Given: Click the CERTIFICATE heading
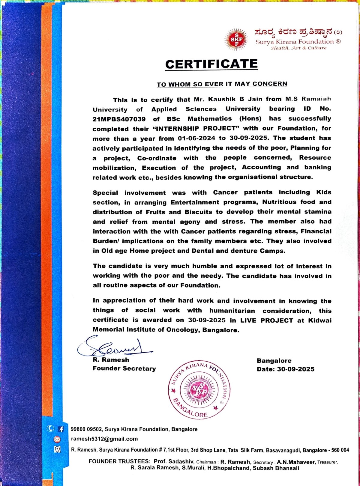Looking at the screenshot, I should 211,64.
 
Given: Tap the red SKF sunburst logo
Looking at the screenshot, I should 236,39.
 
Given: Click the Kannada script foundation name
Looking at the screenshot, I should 294,31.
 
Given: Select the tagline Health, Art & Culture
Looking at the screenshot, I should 298,48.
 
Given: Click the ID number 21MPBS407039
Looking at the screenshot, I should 119,119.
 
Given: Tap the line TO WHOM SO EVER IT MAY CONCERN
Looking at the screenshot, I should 222,84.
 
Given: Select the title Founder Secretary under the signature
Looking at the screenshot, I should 124,368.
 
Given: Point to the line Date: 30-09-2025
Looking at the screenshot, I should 285,369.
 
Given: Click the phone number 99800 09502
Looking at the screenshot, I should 86,429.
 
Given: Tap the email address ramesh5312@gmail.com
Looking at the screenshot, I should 104,439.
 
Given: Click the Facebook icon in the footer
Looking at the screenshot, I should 61,429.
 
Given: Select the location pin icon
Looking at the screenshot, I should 57,449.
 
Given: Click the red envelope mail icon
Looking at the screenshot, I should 57,440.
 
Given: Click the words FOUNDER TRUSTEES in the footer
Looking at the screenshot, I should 119,461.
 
